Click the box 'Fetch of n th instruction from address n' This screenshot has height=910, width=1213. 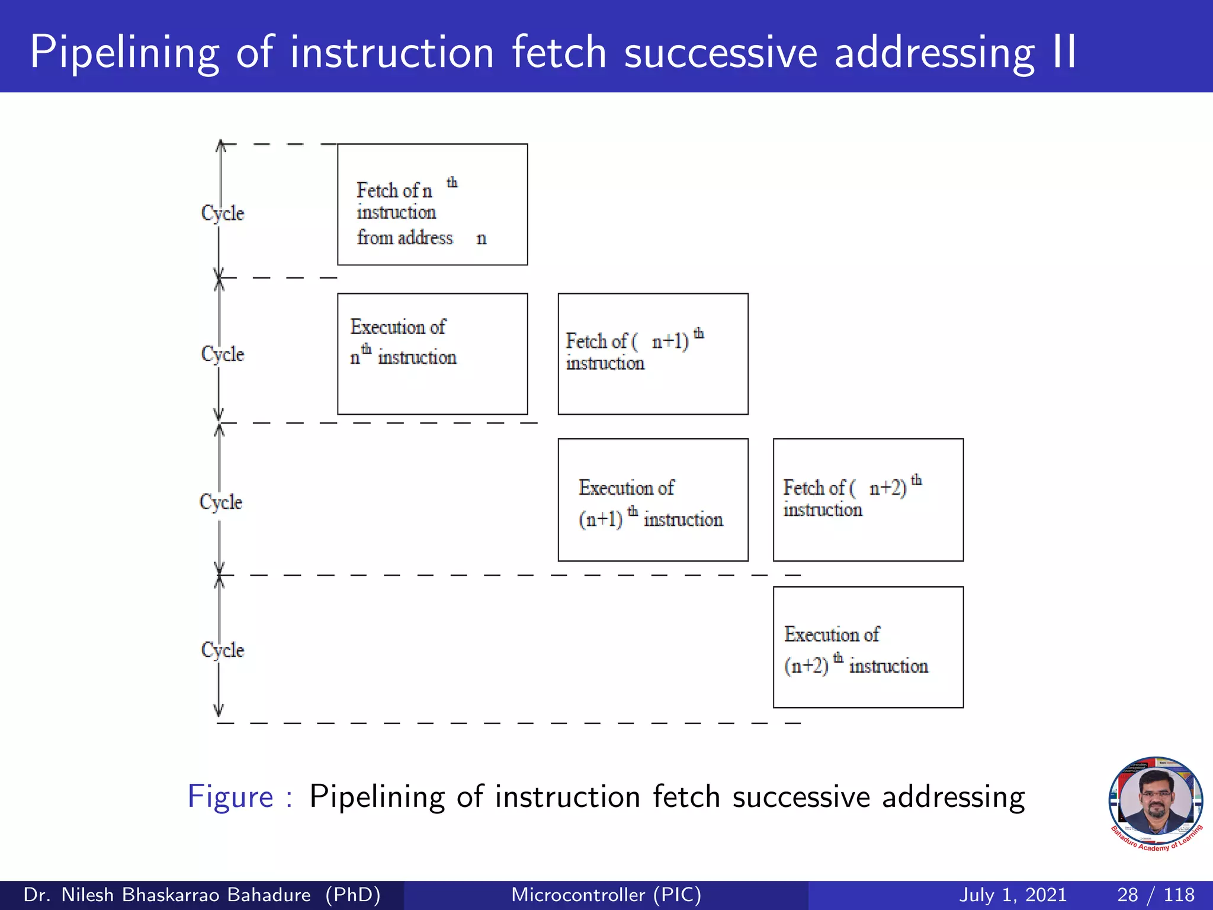coord(432,204)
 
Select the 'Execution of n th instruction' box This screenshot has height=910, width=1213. coord(432,354)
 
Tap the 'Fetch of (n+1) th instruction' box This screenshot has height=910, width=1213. coord(653,354)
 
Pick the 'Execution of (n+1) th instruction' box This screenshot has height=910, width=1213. coord(653,500)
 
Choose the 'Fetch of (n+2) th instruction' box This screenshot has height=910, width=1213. coord(868,500)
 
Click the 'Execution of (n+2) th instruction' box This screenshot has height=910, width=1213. coord(868,647)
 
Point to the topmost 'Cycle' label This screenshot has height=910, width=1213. coord(223,213)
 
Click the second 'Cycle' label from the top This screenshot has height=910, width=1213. coord(223,354)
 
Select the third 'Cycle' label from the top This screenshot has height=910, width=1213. coord(221,502)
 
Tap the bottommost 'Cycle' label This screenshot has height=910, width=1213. coord(223,650)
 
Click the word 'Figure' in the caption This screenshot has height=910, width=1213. coord(230,797)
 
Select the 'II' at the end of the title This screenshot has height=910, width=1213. coord(1064,52)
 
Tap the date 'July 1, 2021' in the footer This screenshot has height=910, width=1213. coord(1013,895)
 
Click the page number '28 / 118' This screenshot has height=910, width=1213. coord(1156,895)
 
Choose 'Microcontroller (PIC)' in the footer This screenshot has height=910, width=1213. coord(606,895)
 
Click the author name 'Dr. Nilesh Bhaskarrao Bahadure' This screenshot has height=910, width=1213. coord(167,895)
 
